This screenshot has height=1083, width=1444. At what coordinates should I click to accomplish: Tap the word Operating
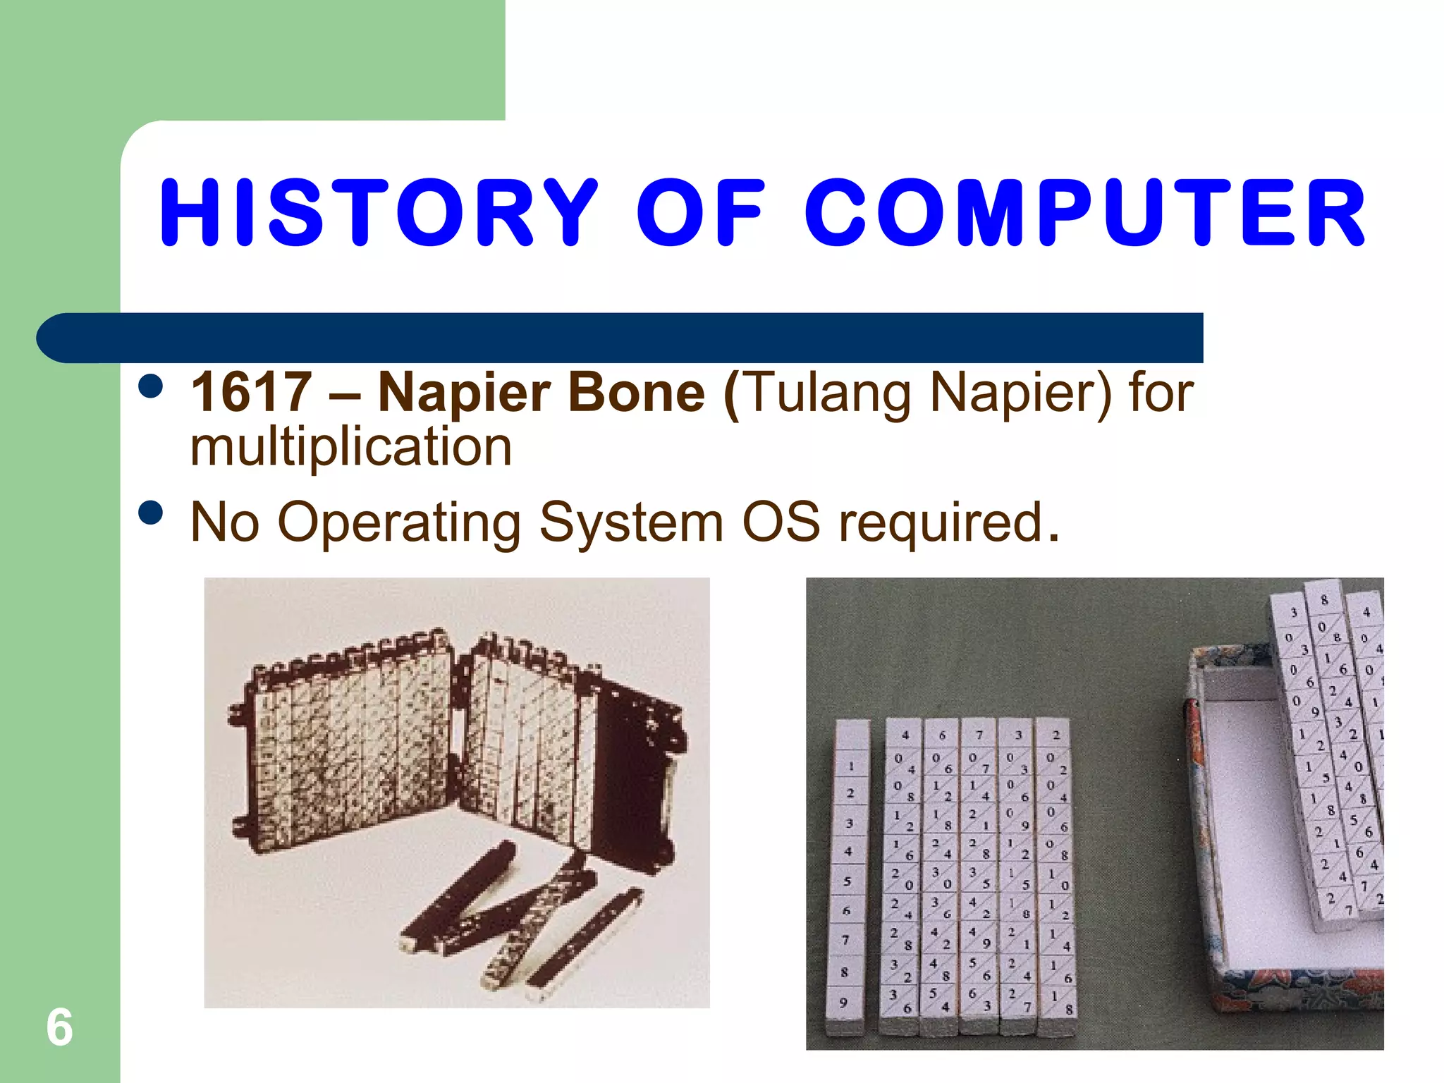pos(399,523)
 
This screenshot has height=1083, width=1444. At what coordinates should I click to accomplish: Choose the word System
pos(632,523)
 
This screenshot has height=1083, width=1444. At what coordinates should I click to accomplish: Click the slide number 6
pos(59,1027)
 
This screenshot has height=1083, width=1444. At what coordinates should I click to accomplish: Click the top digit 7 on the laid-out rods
pos(979,735)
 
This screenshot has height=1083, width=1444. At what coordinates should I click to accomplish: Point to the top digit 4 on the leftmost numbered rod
pos(905,735)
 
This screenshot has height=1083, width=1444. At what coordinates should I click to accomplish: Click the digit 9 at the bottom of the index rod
pos(843,1002)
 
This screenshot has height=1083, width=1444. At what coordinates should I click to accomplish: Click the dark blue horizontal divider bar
pos(620,338)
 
